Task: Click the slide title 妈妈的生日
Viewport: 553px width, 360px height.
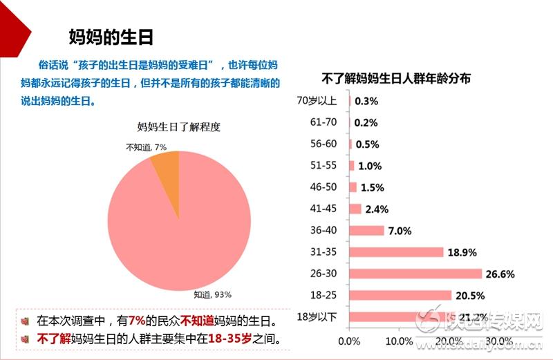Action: [111, 36]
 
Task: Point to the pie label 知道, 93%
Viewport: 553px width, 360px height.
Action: [212, 294]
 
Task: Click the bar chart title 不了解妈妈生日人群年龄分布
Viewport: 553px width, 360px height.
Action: [397, 79]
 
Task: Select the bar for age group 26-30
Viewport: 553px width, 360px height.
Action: [415, 274]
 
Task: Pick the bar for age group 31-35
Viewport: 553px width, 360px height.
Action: [396, 252]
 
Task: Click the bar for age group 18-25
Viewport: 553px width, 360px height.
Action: [400, 295]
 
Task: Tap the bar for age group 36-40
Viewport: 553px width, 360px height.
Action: [367, 231]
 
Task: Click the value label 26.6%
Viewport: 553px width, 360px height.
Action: [500, 274]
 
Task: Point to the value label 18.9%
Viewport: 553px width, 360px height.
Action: [462, 252]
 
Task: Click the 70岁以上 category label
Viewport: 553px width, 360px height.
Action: [316, 101]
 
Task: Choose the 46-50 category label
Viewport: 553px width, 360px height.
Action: [324, 187]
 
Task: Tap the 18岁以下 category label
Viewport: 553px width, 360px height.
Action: [316, 316]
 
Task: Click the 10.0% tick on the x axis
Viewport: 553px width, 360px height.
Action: [399, 341]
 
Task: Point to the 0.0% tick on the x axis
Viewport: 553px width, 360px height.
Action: [350, 341]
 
